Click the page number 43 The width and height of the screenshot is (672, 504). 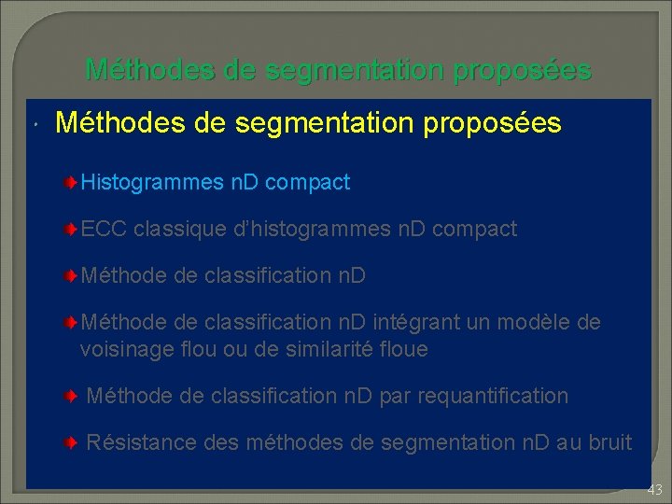(x=654, y=489)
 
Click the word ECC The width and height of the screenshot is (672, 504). (x=104, y=229)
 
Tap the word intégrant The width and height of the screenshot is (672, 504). (x=415, y=322)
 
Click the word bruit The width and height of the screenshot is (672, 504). (x=609, y=441)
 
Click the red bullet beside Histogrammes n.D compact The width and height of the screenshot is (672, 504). (x=71, y=182)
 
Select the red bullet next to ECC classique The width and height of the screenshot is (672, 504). (x=71, y=229)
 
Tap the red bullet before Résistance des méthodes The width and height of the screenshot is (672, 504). (x=71, y=441)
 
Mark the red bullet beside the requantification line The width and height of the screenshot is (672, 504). (x=71, y=396)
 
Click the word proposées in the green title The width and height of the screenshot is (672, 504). (x=522, y=70)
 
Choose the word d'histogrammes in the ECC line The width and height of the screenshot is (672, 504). (x=298, y=229)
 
